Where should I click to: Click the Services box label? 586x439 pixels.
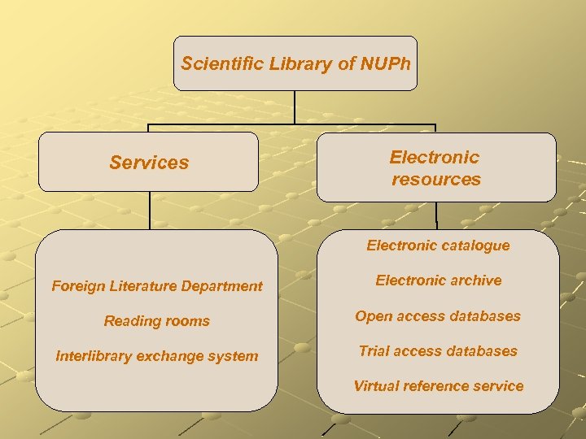tap(149, 163)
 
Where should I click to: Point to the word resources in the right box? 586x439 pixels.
tap(436, 179)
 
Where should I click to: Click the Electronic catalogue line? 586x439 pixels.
tap(438, 246)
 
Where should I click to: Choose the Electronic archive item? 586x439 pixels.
tap(438, 280)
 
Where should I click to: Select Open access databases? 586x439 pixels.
tap(438, 316)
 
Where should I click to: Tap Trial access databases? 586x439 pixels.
tap(438, 351)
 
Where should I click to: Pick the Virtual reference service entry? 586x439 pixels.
tap(438, 386)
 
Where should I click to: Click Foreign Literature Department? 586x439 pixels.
tap(157, 285)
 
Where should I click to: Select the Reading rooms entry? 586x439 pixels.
tap(157, 321)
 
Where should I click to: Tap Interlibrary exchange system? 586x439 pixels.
tap(157, 356)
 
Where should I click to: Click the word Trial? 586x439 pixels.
tap(374, 351)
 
